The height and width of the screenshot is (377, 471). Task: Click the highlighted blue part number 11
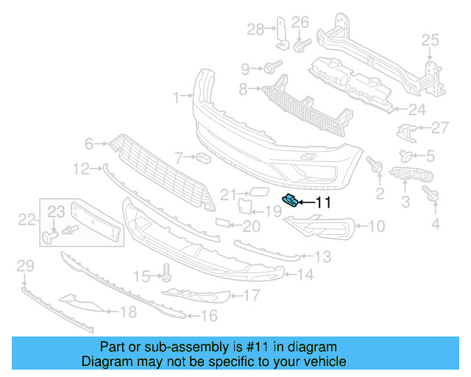click(291, 200)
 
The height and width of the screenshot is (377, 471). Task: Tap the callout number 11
click(324, 202)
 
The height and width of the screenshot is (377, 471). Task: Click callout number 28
click(255, 29)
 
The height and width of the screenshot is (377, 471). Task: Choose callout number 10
click(375, 227)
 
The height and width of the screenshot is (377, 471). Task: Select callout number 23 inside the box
click(56, 211)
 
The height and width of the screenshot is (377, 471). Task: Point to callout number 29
click(25, 265)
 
